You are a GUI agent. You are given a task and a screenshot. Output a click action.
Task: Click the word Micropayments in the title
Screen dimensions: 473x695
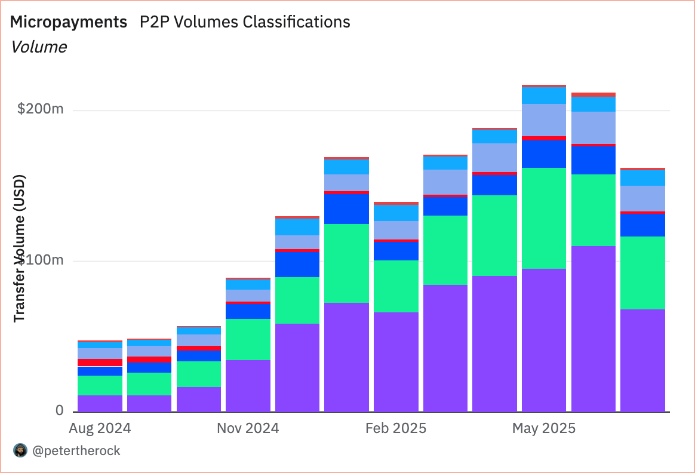click(x=69, y=22)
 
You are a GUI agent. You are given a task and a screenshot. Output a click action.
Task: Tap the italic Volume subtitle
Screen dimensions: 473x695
click(x=39, y=47)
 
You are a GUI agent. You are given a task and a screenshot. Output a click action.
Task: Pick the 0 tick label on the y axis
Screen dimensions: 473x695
click(x=60, y=410)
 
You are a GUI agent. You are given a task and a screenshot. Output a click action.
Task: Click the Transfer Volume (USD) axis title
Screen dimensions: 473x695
click(x=20, y=248)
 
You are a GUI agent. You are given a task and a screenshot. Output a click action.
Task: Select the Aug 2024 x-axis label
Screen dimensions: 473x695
click(x=100, y=428)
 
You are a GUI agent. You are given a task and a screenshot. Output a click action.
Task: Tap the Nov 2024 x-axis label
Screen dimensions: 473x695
click(x=248, y=428)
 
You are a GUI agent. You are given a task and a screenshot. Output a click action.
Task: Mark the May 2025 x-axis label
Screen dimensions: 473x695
click(x=544, y=428)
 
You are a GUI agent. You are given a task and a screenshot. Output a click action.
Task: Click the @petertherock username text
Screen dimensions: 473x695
click(x=76, y=451)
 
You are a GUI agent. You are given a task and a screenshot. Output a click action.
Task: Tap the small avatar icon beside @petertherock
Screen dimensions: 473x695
click(x=20, y=451)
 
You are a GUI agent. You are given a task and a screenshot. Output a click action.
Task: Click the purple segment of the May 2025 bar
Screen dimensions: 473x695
click(x=544, y=340)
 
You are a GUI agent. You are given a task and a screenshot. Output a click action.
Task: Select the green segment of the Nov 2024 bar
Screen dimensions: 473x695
click(x=248, y=339)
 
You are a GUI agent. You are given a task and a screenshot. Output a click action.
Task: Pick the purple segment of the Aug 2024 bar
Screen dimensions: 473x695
click(x=100, y=403)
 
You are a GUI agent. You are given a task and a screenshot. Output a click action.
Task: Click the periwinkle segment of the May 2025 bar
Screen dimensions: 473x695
click(x=544, y=120)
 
